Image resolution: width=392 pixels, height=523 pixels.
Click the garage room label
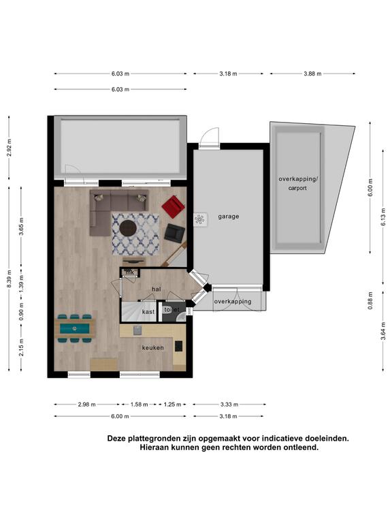pyautogui.click(x=229, y=217)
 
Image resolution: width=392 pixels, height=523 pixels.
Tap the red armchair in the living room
pyautogui.click(x=174, y=206)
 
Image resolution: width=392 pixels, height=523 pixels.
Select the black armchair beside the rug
pyautogui.click(x=174, y=233)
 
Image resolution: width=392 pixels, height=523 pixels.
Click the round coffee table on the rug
pyautogui.click(x=128, y=228)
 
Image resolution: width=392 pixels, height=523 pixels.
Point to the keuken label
pyautogui.click(x=153, y=347)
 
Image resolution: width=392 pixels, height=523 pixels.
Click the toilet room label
pyautogui.click(x=171, y=310)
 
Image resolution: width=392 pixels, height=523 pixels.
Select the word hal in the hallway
pyautogui.click(x=157, y=289)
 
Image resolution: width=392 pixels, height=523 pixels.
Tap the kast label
pyautogui.click(x=148, y=311)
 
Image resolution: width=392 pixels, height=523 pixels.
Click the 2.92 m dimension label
pyautogui.click(x=10, y=148)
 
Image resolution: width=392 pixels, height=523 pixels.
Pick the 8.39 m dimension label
pyautogui.click(x=10, y=279)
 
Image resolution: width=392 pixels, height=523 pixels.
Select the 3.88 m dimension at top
pyautogui.click(x=312, y=74)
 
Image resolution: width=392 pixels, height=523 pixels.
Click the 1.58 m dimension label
pyautogui.click(x=139, y=405)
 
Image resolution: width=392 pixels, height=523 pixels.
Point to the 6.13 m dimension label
pyautogui.click(x=383, y=217)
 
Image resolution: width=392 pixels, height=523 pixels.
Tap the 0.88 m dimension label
pyautogui.click(x=370, y=300)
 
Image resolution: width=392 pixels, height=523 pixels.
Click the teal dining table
pyautogui.click(x=75, y=328)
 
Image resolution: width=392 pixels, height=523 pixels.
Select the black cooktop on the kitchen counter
pyautogui.click(x=179, y=346)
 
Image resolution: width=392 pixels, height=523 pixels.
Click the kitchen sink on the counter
pyautogui.click(x=137, y=330)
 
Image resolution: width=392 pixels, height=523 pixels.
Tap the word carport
pyautogui.click(x=297, y=188)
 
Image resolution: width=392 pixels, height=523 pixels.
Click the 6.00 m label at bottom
pyautogui.click(x=120, y=416)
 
